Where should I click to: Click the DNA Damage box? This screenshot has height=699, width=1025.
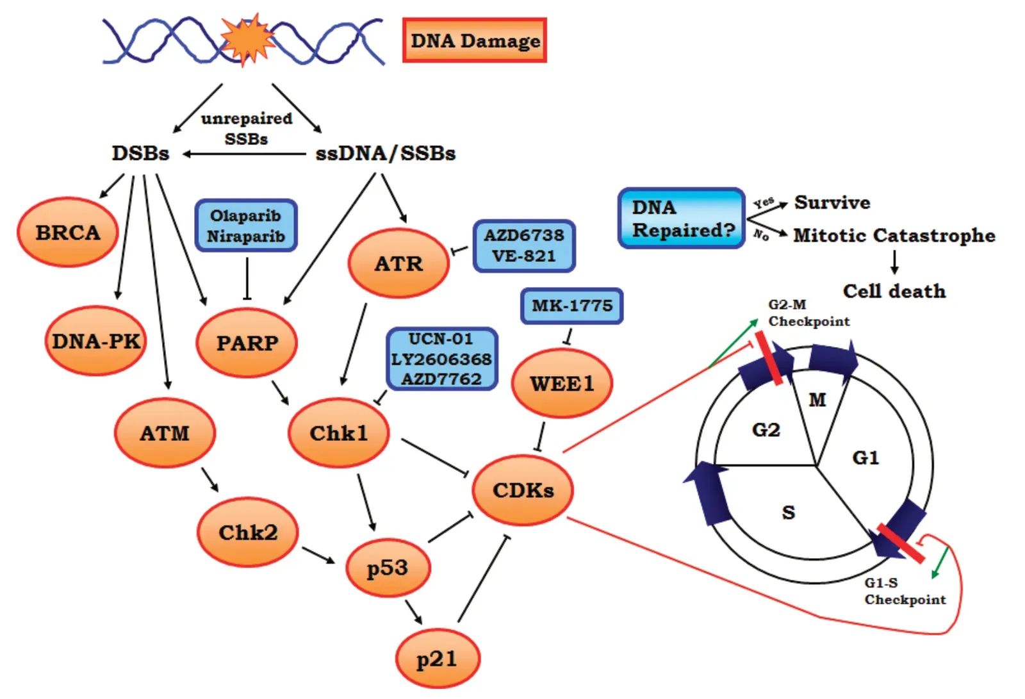pyautogui.click(x=475, y=40)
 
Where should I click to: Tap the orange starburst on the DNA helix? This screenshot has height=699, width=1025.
pyautogui.click(x=247, y=40)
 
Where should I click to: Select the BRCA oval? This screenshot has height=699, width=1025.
pyautogui.click(x=68, y=232)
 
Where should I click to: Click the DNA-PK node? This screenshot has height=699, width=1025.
pyautogui.click(x=96, y=341)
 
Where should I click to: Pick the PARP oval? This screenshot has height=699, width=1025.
pyautogui.click(x=247, y=343)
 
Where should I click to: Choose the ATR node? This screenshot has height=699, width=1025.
pyautogui.click(x=398, y=263)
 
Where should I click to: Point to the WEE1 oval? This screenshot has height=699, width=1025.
pyautogui.click(x=562, y=383)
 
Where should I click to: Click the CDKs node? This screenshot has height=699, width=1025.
pyautogui.click(x=523, y=490)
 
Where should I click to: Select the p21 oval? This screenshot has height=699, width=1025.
pyautogui.click(x=437, y=659)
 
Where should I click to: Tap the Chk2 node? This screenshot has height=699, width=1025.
pyautogui.click(x=248, y=532)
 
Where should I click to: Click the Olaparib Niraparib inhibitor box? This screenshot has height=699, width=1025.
pyautogui.click(x=246, y=226)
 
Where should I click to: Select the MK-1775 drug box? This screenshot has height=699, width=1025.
pyautogui.click(x=572, y=306)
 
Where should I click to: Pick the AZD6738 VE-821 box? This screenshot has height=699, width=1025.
pyautogui.click(x=524, y=245)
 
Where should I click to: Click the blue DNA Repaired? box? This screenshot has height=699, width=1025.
pyautogui.click(x=682, y=218)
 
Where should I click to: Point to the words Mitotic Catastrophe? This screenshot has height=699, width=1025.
pyautogui.click(x=894, y=235)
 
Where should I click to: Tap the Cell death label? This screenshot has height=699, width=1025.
pyautogui.click(x=894, y=291)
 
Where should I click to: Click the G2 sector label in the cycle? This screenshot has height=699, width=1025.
pyautogui.click(x=766, y=429)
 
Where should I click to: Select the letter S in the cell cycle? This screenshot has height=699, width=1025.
pyautogui.click(x=789, y=512)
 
